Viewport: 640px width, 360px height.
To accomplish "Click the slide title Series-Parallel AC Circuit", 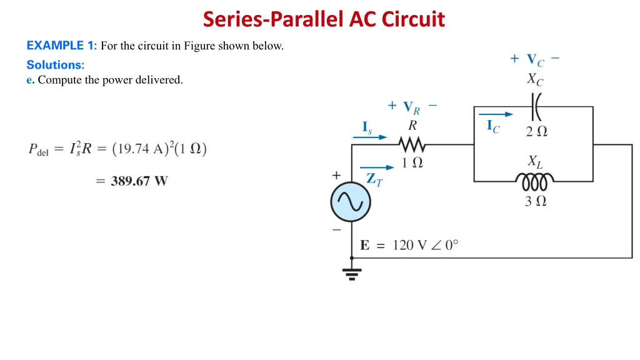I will tap(324, 19).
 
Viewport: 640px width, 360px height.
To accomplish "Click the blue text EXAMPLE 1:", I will tap(61, 46).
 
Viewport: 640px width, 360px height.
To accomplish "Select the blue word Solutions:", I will tap(56, 64).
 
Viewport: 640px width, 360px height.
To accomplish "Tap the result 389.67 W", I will tap(139, 181).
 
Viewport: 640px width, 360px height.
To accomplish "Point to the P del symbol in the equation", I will tap(38, 149).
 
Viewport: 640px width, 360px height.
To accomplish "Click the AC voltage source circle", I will tap(351, 202).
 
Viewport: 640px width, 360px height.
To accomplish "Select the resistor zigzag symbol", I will tap(412, 145).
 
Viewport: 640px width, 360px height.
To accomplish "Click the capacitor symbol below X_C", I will tap(536, 107).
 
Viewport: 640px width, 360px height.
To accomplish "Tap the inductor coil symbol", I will tap(535, 182).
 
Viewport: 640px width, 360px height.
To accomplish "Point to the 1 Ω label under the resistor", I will tap(412, 162).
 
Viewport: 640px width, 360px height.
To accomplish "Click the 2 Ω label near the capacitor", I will tap(536, 131).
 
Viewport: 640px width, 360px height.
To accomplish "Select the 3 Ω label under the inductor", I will tap(536, 201).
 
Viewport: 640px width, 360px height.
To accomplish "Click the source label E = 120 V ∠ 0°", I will tap(409, 245).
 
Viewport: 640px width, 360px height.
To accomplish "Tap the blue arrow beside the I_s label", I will tap(374, 137).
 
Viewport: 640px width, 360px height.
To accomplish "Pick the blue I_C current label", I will tap(493, 126).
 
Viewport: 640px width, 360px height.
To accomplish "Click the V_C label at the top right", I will tap(535, 60).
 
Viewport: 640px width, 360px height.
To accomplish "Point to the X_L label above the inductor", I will tap(535, 162).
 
